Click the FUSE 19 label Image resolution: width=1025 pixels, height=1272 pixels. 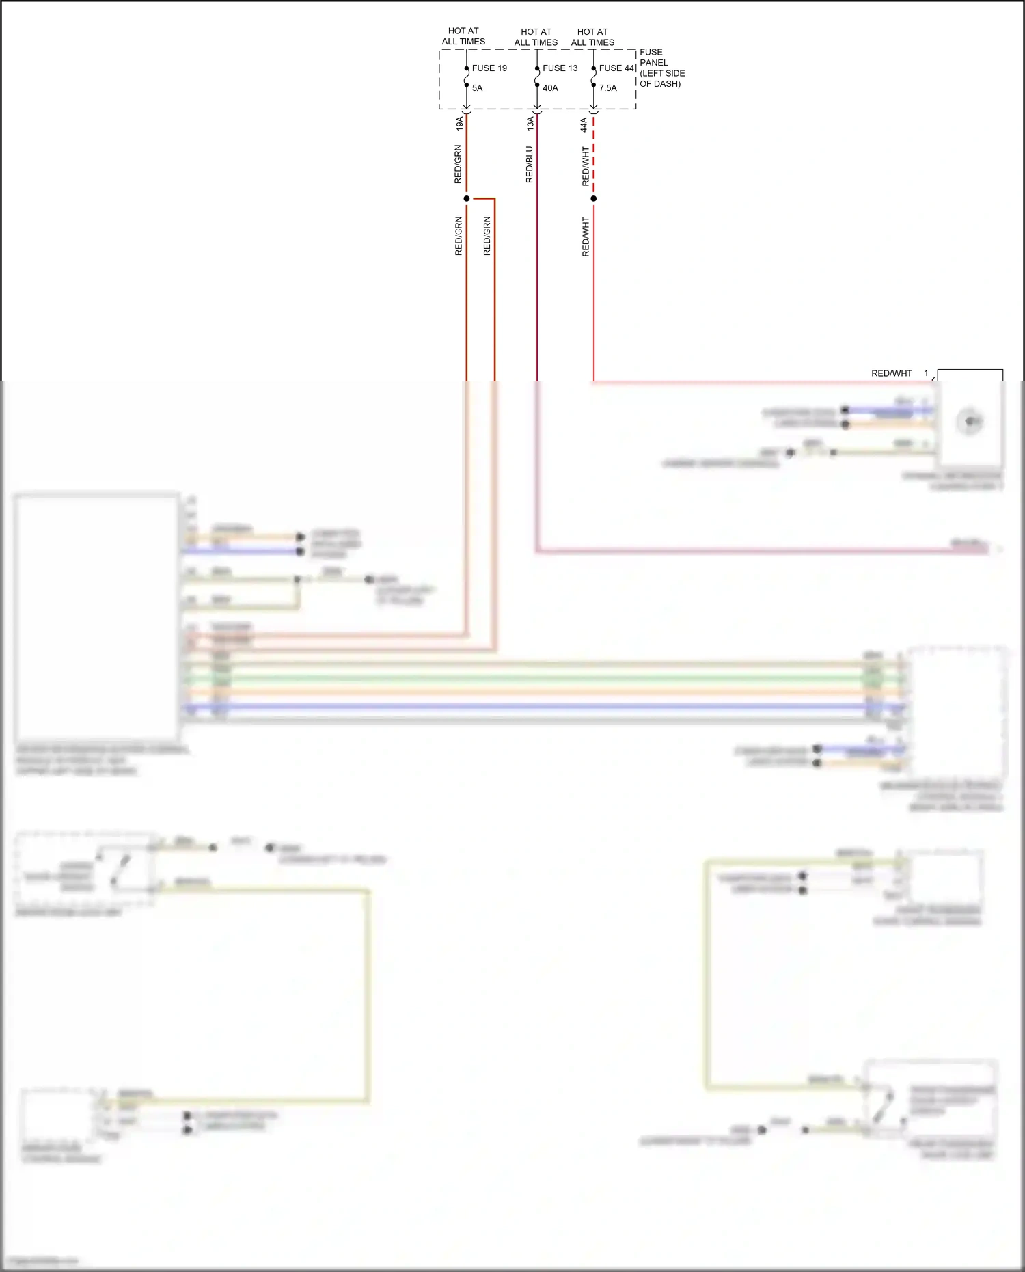coord(489,68)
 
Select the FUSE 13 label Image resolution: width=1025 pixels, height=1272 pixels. coord(560,68)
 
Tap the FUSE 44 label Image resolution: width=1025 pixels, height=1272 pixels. coord(616,68)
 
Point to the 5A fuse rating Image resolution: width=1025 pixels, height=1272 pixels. coord(477,88)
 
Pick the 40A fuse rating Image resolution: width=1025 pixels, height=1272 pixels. coord(550,88)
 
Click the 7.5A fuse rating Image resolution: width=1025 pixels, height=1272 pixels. coord(607,88)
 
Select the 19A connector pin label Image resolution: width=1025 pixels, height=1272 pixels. coord(460,124)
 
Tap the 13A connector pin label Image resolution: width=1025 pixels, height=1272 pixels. coord(530,124)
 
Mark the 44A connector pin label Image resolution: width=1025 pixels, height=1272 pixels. coord(584,124)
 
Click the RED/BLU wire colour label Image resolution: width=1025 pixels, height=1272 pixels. coord(530,165)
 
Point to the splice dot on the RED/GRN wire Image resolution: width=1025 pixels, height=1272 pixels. coord(467,199)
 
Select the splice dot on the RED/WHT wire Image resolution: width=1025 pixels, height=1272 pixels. coord(594,199)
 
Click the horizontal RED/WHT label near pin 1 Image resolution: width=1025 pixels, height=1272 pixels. coord(891,374)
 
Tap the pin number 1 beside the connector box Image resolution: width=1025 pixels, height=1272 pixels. coord(927,373)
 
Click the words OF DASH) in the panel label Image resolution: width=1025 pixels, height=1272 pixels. coord(660,84)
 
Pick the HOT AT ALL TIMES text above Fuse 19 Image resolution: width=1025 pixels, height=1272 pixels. coord(463,36)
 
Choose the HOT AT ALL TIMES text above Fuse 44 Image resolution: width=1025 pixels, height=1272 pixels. coord(592,37)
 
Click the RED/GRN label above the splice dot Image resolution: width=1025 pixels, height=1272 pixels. coord(459,164)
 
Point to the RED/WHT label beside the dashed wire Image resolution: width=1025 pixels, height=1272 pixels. coord(586,166)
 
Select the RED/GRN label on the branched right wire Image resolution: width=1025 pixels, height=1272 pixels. coord(487,236)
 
